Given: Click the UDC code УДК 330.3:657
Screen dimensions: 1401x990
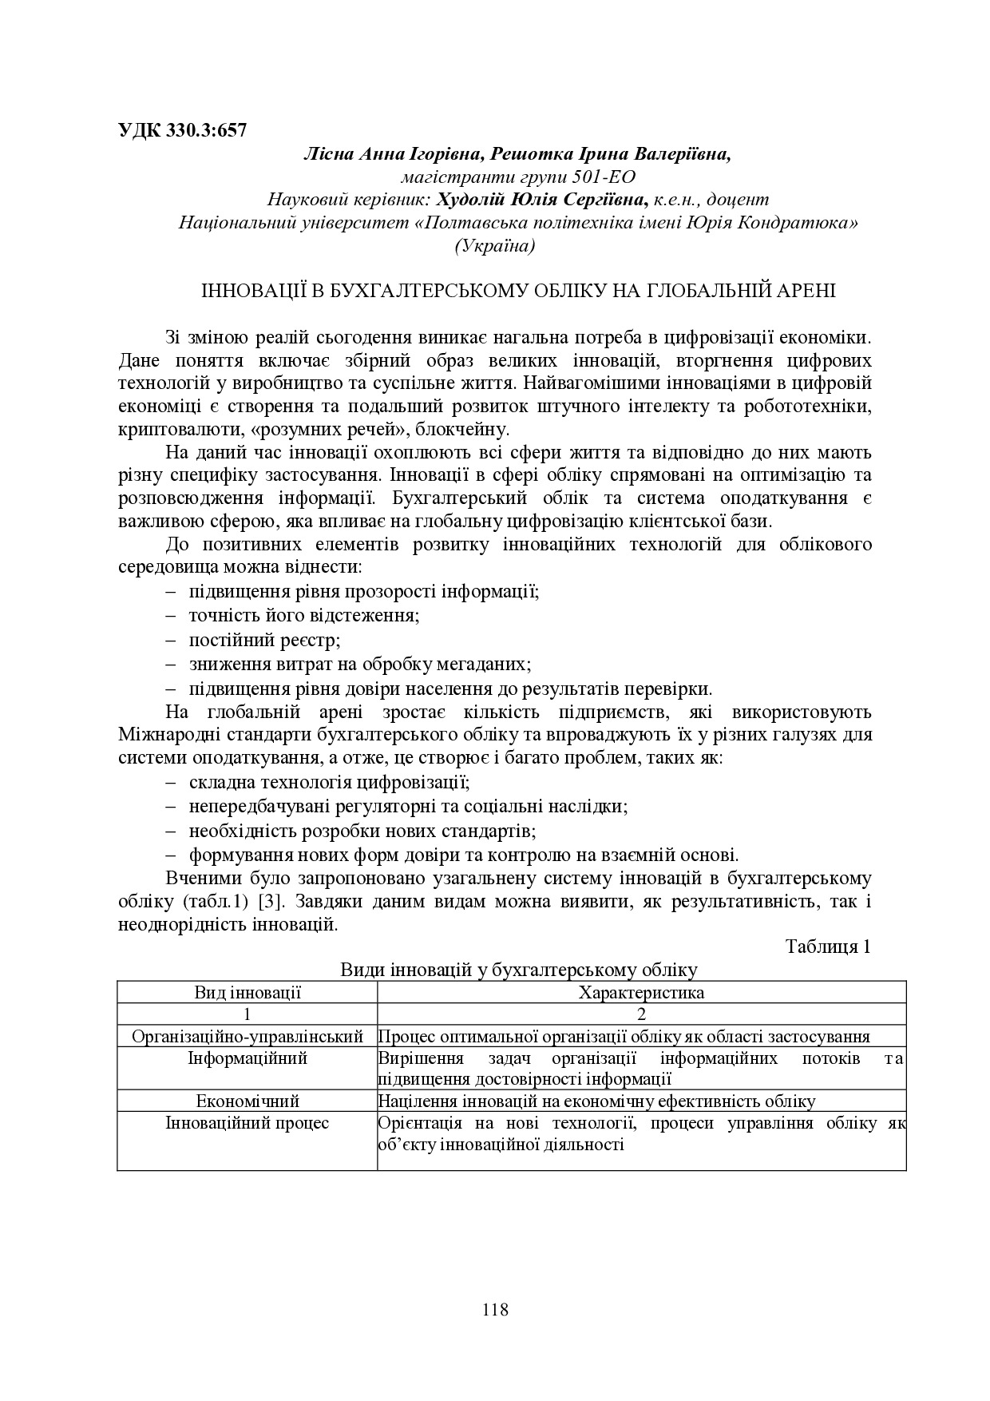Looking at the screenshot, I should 182,130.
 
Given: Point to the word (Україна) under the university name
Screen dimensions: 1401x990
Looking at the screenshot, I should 495,245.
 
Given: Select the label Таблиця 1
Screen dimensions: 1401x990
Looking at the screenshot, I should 828,947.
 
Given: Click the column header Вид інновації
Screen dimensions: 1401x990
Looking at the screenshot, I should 247,993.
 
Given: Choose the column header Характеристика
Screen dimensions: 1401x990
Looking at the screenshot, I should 641,993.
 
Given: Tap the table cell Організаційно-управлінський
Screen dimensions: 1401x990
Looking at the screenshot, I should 247,1037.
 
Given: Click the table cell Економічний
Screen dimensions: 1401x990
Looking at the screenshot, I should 247,1101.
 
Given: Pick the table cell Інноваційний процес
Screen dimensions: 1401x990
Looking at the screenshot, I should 247,1123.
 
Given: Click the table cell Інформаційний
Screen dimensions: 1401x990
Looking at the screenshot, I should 247,1058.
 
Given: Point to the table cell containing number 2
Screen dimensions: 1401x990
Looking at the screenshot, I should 641,1014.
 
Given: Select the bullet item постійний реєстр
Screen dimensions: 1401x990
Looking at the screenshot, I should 264,640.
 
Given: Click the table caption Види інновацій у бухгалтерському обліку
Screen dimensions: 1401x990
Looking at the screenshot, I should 519,970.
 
